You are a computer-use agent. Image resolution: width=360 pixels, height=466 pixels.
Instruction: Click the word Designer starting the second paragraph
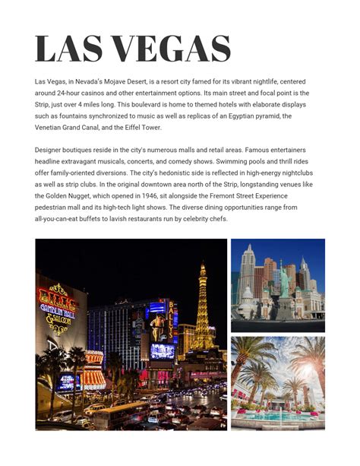pyautogui.click(x=49, y=151)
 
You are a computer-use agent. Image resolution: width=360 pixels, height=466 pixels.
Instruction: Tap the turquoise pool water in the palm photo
pyautogui.click(x=278, y=417)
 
